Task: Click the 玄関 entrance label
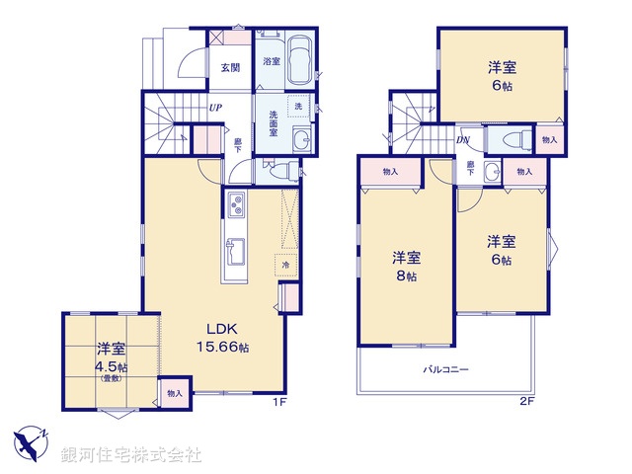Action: (x=230, y=68)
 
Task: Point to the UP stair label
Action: (x=214, y=109)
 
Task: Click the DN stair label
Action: (x=462, y=140)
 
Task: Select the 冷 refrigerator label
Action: (x=285, y=265)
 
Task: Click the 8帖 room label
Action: (x=407, y=267)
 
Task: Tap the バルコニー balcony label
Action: (x=446, y=369)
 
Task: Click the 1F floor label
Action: (x=279, y=403)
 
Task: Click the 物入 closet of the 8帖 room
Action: (x=389, y=172)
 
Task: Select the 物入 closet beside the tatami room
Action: (x=174, y=393)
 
